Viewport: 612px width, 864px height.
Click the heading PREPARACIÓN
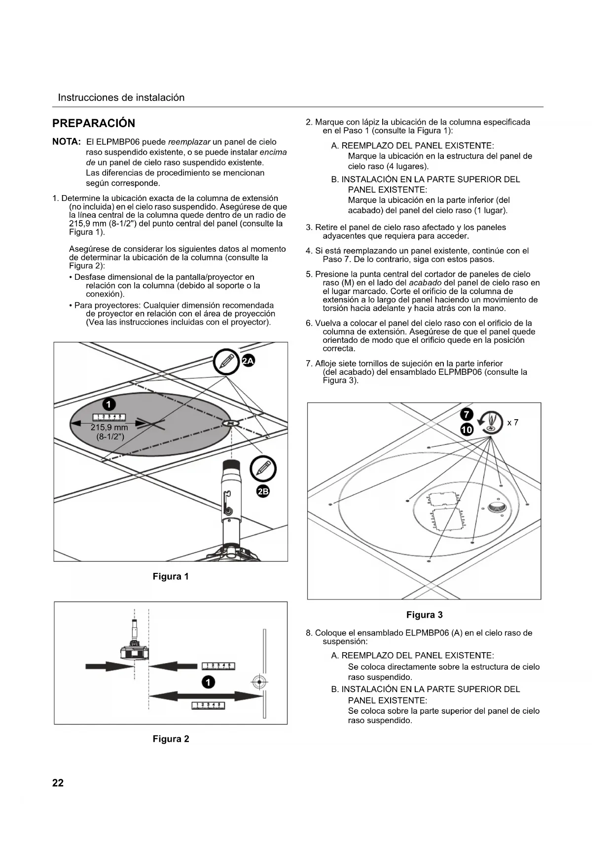[94, 123]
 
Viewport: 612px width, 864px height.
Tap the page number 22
[58, 783]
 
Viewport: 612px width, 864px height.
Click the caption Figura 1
[171, 576]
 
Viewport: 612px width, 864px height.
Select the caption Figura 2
[171, 739]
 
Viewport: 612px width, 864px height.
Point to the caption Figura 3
[424, 615]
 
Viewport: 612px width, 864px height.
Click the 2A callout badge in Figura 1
[248, 361]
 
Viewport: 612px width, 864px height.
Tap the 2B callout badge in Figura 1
[263, 491]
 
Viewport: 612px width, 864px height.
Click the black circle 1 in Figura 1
[108, 404]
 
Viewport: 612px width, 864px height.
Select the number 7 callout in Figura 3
[467, 414]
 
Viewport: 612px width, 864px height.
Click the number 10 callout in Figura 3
[467, 430]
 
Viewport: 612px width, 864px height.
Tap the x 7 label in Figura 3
[512, 423]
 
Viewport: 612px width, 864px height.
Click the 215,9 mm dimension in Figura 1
[109, 428]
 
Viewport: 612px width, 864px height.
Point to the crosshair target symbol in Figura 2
[259, 682]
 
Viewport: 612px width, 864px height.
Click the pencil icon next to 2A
[226, 362]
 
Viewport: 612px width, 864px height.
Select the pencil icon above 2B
[263, 468]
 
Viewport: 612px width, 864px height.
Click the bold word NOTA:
[67, 142]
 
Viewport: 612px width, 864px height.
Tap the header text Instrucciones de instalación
[121, 98]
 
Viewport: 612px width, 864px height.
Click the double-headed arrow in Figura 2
[206, 696]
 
